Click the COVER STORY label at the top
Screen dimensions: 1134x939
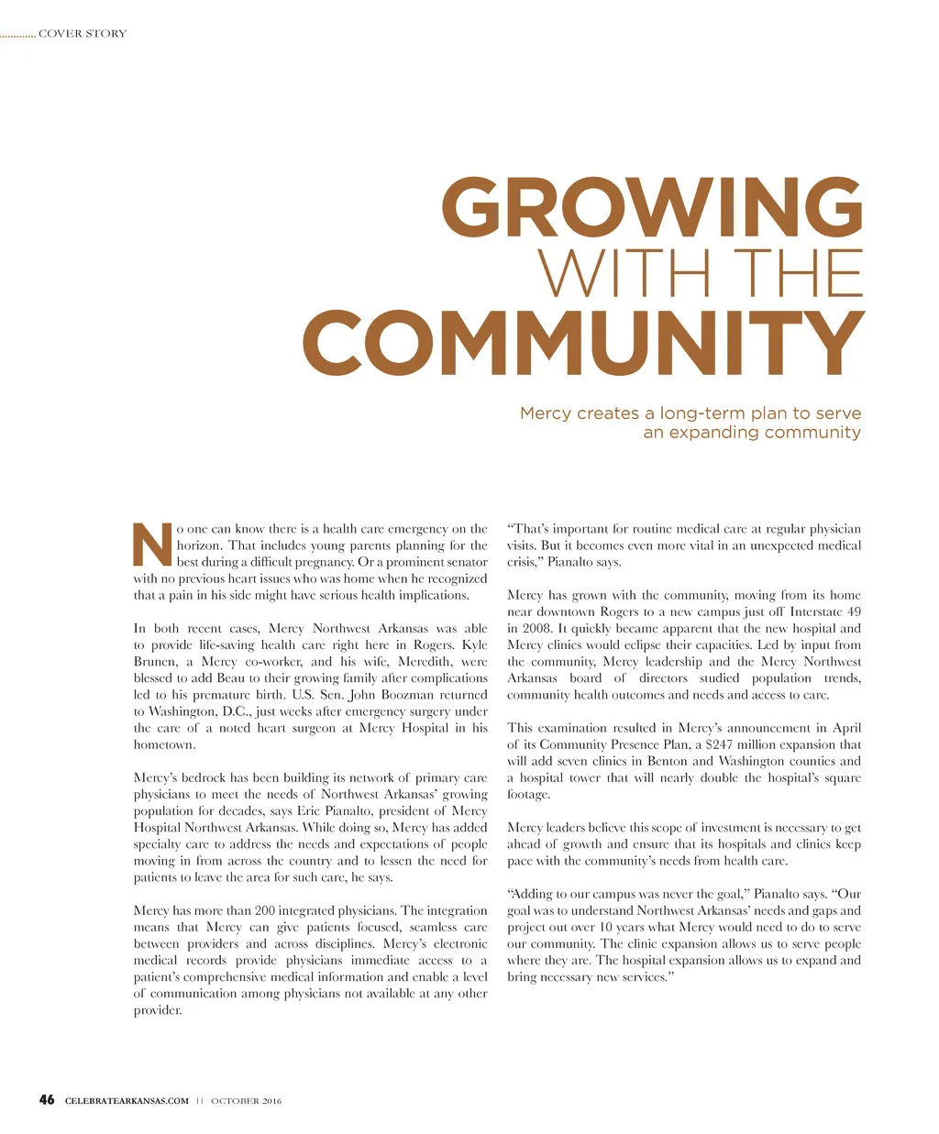coord(83,34)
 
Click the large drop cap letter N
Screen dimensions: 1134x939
coord(152,545)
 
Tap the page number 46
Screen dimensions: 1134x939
coord(47,1100)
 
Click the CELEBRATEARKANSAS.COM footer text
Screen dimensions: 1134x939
coord(127,1101)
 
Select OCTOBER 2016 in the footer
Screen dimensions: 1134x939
coord(246,1101)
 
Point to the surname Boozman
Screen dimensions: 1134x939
coord(392,695)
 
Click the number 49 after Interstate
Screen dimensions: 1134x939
coord(852,612)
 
